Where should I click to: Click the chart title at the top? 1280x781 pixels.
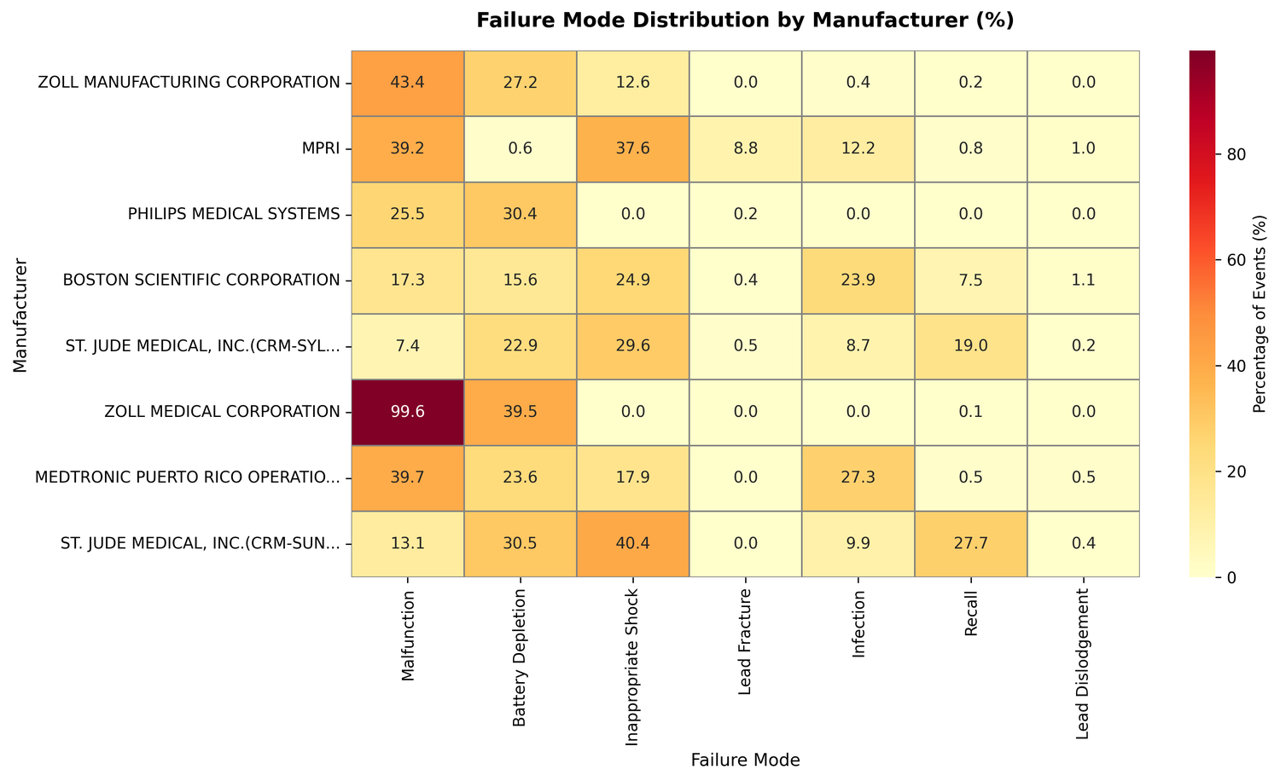tap(745, 20)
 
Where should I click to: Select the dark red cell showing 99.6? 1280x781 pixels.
tap(408, 412)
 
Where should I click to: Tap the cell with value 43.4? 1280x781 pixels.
tap(408, 83)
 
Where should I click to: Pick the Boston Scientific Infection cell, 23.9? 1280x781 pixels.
tap(858, 281)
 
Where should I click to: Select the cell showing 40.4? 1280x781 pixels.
tap(632, 544)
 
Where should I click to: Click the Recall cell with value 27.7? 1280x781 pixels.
tap(970, 544)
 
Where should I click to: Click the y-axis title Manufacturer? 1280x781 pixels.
tap(20, 314)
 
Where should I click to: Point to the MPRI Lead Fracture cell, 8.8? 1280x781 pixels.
tap(745, 148)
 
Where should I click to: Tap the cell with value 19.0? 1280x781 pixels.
tap(970, 346)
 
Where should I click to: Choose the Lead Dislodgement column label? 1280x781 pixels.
tap(1083, 663)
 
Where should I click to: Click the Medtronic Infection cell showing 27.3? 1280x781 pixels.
tap(858, 478)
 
